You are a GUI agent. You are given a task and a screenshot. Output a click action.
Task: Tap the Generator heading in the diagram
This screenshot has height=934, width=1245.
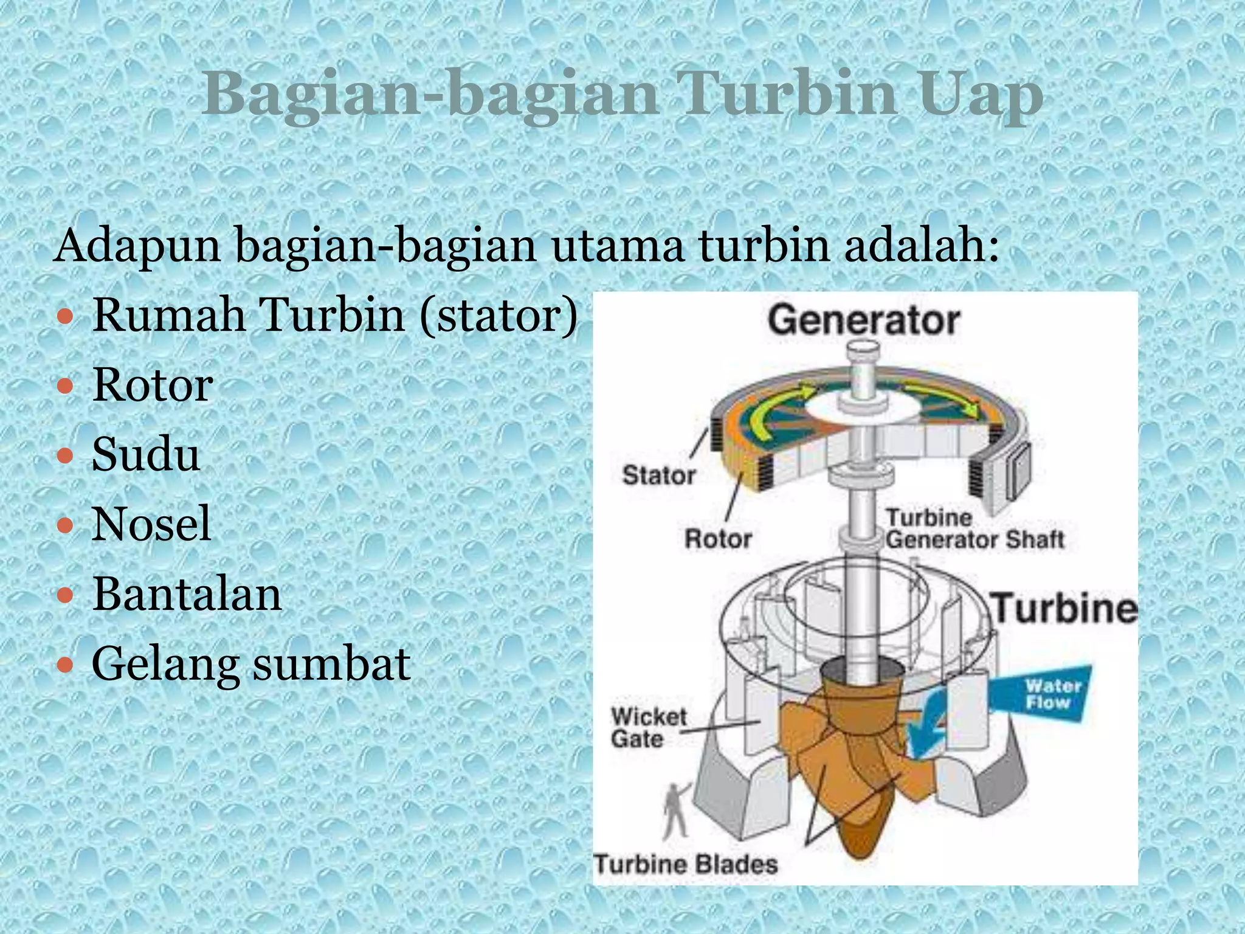(x=863, y=320)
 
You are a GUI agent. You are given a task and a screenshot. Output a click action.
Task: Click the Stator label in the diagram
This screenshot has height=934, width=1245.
(x=659, y=476)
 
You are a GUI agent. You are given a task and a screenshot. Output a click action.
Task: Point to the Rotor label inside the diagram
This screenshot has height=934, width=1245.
(x=718, y=539)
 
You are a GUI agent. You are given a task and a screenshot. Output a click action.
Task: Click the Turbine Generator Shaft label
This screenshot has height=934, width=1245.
(x=974, y=529)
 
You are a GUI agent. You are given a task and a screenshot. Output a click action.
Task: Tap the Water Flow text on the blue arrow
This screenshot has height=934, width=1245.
(x=1053, y=694)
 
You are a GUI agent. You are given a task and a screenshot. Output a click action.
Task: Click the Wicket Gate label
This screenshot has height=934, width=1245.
(x=648, y=728)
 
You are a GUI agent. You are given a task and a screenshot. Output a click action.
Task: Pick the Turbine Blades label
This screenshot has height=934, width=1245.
(x=686, y=864)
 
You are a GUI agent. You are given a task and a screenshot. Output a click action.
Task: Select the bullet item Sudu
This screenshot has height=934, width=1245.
(x=146, y=454)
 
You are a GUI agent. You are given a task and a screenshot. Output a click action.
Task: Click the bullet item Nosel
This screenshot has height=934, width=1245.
(x=151, y=524)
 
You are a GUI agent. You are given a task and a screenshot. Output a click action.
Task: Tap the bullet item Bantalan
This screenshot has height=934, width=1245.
(x=187, y=593)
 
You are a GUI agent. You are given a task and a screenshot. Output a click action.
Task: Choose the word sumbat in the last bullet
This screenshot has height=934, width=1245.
(x=332, y=663)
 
